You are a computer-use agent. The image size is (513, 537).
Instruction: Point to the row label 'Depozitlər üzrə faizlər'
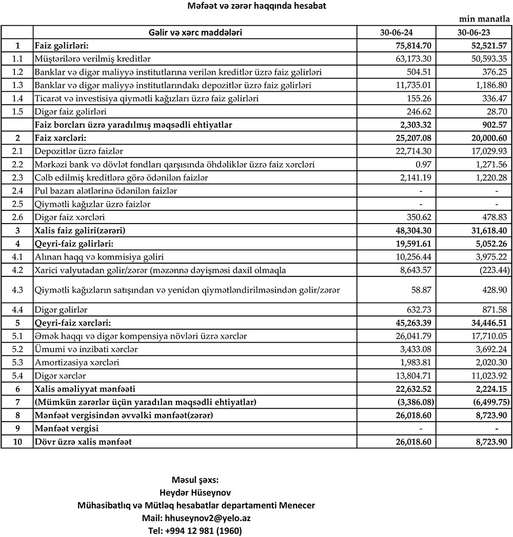tap(79, 151)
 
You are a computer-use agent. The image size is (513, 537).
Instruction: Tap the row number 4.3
tap(17, 290)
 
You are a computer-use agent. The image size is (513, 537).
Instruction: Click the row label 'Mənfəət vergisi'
tap(67, 428)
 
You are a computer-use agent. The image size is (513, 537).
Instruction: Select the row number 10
tap(17, 442)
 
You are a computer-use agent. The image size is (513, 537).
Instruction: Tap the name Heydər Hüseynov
tap(195, 492)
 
